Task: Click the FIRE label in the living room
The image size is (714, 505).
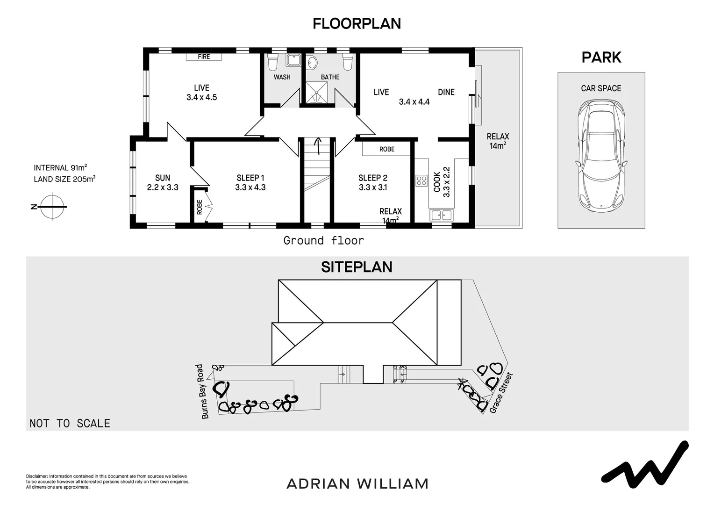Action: pyautogui.click(x=204, y=57)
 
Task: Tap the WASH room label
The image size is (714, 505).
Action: pyautogui.click(x=282, y=77)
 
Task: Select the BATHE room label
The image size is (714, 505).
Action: pyautogui.click(x=330, y=77)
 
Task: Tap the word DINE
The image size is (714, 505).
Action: pyautogui.click(x=446, y=92)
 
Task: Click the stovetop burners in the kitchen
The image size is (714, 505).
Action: pyautogui.click(x=421, y=180)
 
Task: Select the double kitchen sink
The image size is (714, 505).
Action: pyautogui.click(x=441, y=215)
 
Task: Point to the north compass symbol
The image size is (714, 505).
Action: pyautogui.click(x=52, y=206)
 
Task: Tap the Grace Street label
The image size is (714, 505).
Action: pyautogui.click(x=501, y=393)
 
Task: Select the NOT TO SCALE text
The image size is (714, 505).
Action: pyautogui.click(x=70, y=423)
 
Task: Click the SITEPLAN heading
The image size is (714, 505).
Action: pyautogui.click(x=357, y=267)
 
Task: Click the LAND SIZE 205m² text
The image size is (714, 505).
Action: pyautogui.click(x=64, y=179)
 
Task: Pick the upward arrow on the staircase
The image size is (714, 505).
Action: pyautogui.click(x=319, y=146)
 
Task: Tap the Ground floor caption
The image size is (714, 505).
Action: pyautogui.click(x=323, y=241)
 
